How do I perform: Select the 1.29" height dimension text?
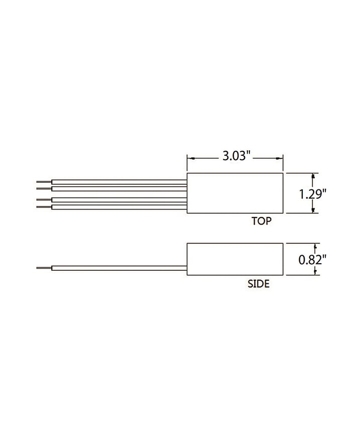(x=313, y=194)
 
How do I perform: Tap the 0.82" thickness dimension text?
(x=312, y=260)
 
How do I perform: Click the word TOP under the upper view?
(x=261, y=221)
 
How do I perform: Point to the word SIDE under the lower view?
(x=258, y=283)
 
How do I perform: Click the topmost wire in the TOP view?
(x=119, y=182)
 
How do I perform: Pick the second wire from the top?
(x=119, y=189)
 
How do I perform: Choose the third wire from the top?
(x=119, y=200)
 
